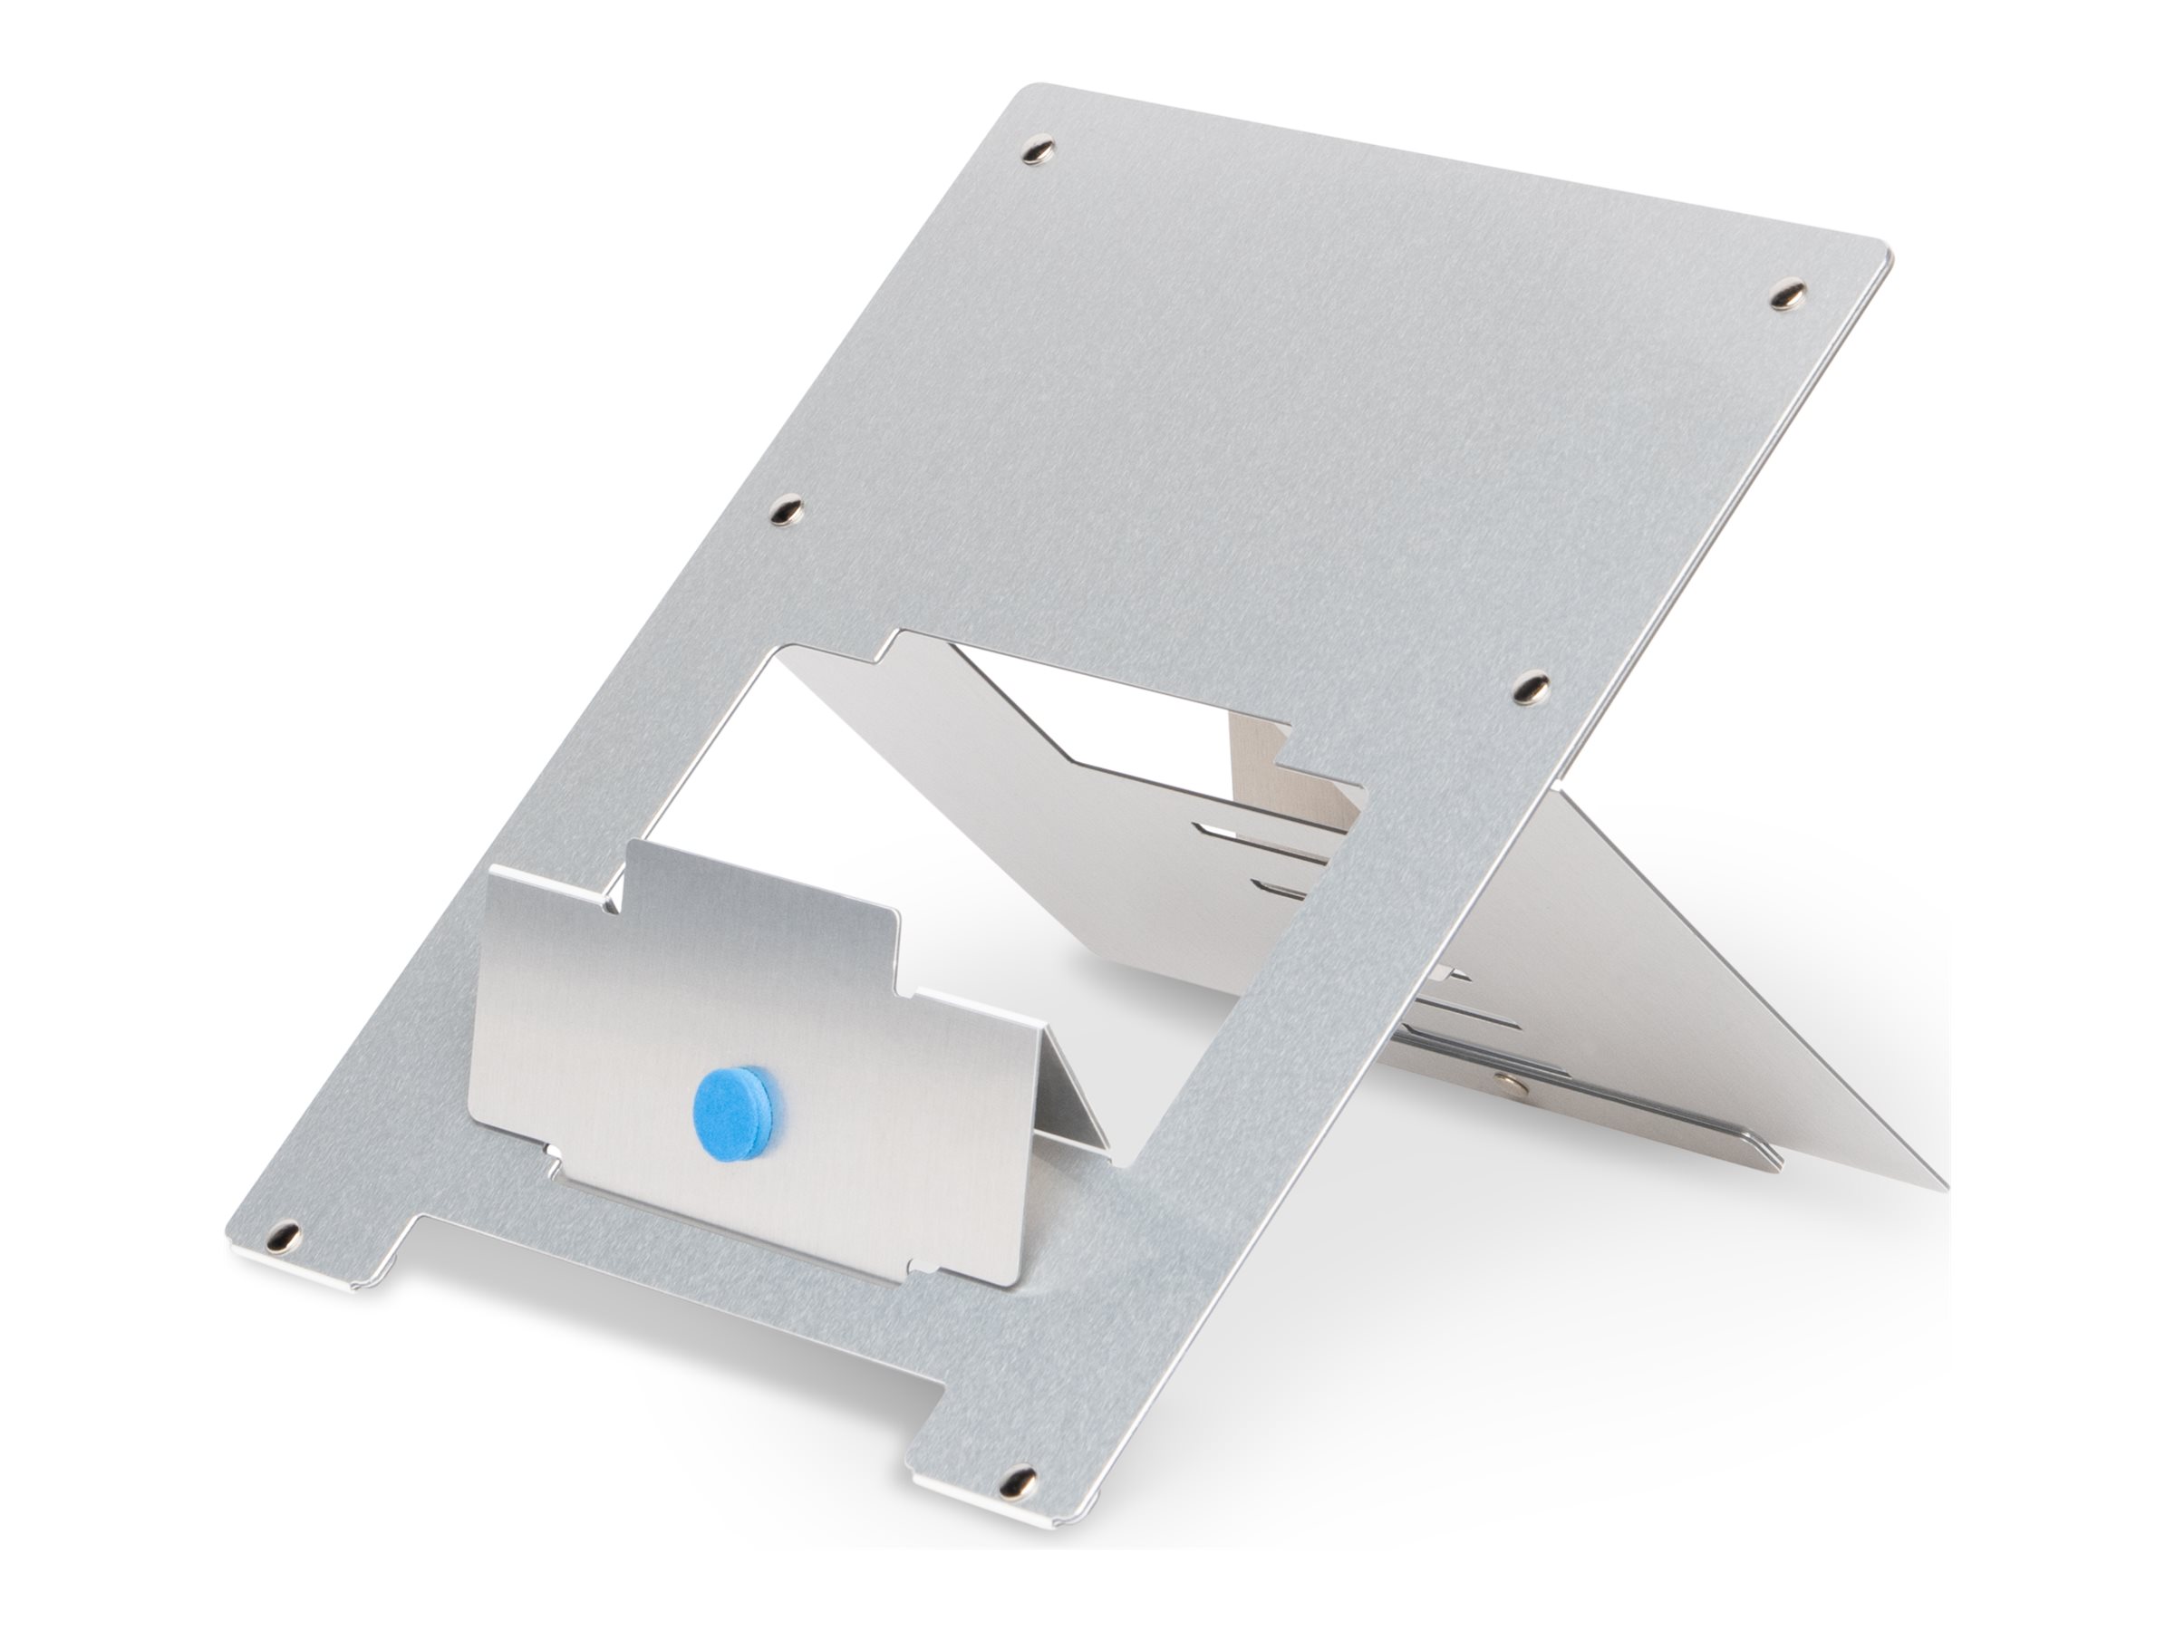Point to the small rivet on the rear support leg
pos(1507,1085)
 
